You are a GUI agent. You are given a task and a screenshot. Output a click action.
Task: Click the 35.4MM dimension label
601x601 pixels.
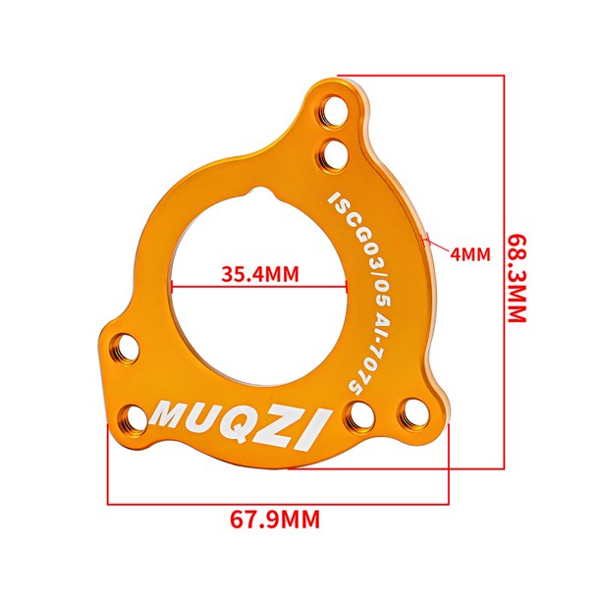pos(260,274)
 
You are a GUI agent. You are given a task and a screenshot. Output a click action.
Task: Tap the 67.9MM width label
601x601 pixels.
pos(274,519)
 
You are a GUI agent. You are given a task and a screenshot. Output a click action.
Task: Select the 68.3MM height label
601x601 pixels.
pos(518,278)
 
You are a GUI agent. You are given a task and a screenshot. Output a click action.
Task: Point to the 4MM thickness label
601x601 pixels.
pos(470,254)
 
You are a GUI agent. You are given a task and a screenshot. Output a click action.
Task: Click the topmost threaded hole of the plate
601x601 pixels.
pos(334,111)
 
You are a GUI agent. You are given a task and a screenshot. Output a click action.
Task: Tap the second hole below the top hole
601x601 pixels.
pos(333,154)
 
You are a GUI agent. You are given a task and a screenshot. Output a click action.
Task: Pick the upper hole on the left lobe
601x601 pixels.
pos(125,349)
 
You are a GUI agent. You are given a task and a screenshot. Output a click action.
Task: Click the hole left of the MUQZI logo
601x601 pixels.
pos(133,418)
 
